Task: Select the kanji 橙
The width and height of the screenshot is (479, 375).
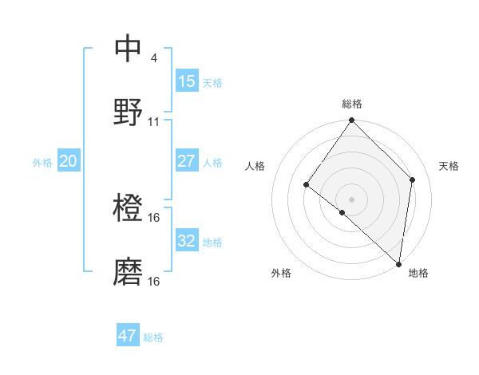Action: (x=129, y=208)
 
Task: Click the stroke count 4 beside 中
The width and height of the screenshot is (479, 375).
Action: (x=153, y=57)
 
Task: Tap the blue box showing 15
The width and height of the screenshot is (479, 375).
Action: (x=187, y=81)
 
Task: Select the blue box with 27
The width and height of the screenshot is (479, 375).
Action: (x=187, y=161)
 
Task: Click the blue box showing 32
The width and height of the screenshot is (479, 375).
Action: (x=187, y=241)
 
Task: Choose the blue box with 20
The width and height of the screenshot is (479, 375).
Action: (x=68, y=161)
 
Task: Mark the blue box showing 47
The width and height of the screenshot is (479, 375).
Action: (x=128, y=336)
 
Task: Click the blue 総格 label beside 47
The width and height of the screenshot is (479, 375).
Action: (x=153, y=337)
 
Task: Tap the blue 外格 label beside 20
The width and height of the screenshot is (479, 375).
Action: (x=42, y=163)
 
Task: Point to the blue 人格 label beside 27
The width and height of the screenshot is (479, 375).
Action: (x=212, y=163)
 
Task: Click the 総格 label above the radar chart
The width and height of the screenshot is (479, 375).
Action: (x=352, y=104)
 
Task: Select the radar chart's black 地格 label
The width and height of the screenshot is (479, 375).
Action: (x=418, y=274)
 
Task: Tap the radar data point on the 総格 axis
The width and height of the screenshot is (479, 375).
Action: (x=352, y=120)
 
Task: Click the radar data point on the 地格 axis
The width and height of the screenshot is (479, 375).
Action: (x=399, y=263)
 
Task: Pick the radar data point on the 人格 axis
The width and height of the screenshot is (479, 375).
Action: (x=307, y=185)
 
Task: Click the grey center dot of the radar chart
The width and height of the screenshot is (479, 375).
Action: (x=352, y=199)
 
